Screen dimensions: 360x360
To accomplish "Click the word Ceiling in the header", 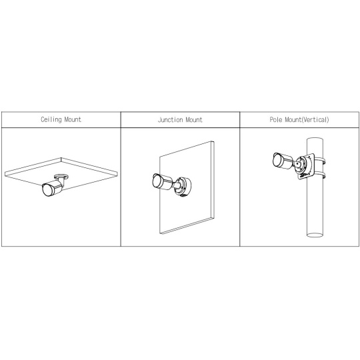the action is tap(51, 119).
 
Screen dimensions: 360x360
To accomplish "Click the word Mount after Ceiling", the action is tap(73, 119).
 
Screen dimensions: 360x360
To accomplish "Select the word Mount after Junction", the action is tap(194, 120).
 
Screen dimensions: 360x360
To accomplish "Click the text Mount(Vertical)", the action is tap(307, 120).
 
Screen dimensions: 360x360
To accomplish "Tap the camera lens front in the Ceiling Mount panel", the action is tap(47, 190).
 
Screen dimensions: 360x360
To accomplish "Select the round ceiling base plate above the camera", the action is tap(61, 177).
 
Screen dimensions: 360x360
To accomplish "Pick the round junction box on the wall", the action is tap(183, 187).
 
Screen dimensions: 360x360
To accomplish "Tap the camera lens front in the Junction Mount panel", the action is tap(157, 181).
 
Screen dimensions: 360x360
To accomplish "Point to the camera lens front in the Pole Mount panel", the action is tap(277, 160).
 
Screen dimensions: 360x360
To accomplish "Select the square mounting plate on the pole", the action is tap(305, 166).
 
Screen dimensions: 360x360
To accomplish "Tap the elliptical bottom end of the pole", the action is tap(315, 235).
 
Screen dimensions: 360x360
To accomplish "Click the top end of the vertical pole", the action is tap(315, 139).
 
